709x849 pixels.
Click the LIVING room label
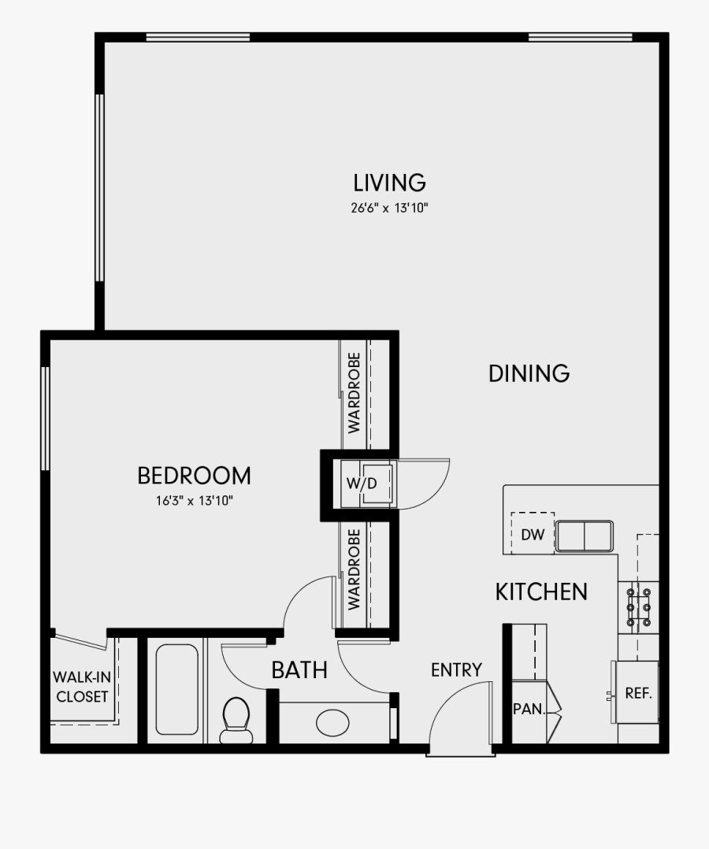coord(389,183)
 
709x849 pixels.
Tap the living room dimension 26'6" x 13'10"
coord(389,209)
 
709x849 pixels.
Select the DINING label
coord(529,373)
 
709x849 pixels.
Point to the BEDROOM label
coord(194,476)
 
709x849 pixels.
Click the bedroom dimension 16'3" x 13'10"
coord(194,500)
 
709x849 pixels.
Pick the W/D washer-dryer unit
coord(367,483)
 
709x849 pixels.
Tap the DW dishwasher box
coord(533,535)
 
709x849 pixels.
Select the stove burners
coord(638,607)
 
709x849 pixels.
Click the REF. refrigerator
coord(637,693)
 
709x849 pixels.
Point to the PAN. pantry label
coord(529,709)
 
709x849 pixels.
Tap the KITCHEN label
coord(541,592)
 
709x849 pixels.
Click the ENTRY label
coord(456,670)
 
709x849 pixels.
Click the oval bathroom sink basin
coord(333,722)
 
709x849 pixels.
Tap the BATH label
coord(299,670)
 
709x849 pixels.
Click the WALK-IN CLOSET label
coord(80,687)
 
